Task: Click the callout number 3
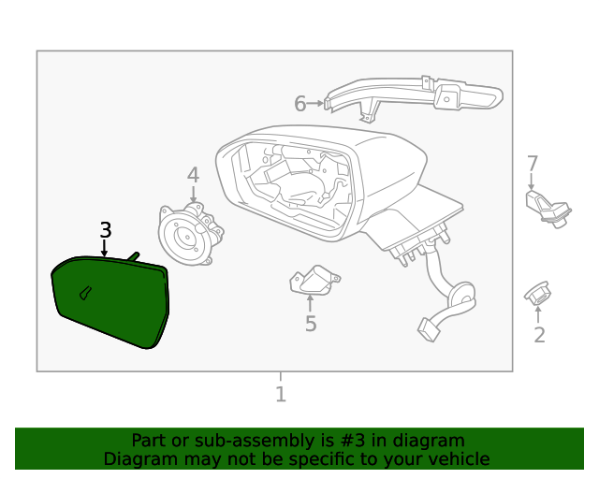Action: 106,230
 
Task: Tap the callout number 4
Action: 193,175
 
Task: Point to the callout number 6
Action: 299,104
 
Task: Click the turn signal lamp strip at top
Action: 416,94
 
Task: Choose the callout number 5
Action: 311,325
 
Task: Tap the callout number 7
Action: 532,164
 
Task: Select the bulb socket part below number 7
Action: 546,208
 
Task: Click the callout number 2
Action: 539,335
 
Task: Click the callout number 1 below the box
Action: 280,395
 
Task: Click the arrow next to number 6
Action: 316,104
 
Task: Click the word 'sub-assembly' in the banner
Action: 228,440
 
